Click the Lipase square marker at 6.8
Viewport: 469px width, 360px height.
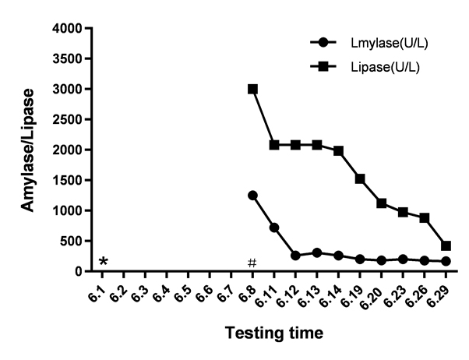tap(252, 89)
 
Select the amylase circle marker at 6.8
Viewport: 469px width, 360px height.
tap(252, 195)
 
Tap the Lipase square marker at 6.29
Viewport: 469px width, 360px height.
tap(446, 245)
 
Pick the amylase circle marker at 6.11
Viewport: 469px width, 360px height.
tap(274, 228)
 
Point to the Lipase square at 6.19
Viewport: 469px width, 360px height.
tap(360, 178)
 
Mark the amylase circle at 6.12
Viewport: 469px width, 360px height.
tap(295, 256)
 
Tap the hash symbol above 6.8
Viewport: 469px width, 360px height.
tap(252, 263)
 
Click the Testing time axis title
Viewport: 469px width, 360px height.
tap(273, 334)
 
